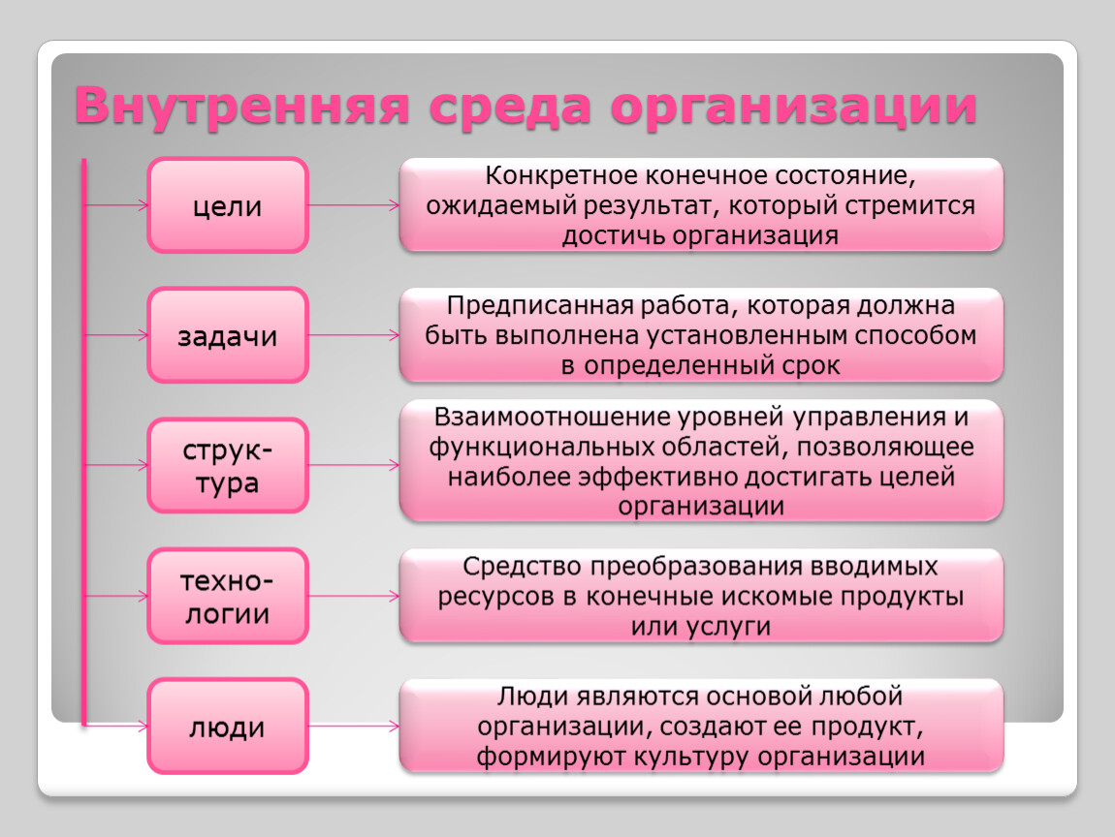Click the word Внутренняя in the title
point(241,106)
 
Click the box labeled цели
point(228,205)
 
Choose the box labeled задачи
point(228,335)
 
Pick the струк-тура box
point(228,465)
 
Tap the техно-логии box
point(228,596)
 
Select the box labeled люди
point(228,727)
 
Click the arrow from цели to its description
point(354,205)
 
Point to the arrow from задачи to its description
point(354,335)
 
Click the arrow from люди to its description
point(354,727)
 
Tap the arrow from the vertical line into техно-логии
point(116,596)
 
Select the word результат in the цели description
point(646,205)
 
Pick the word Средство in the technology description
point(523,567)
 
